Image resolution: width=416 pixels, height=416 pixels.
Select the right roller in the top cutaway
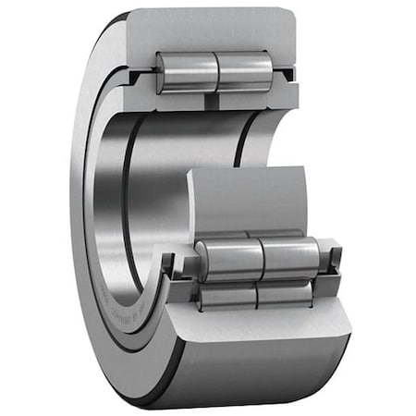pyautogui.click(x=244, y=70)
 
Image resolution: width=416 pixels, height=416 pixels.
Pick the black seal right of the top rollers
pyautogui.click(x=288, y=73)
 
